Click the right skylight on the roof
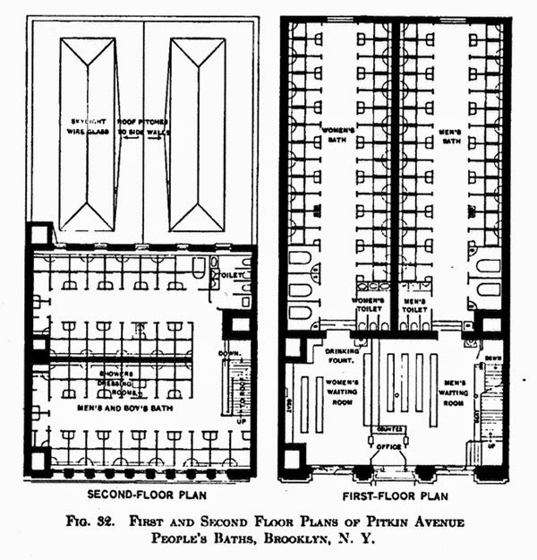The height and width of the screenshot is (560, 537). [196, 134]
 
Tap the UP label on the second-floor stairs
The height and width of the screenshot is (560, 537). [239, 419]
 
